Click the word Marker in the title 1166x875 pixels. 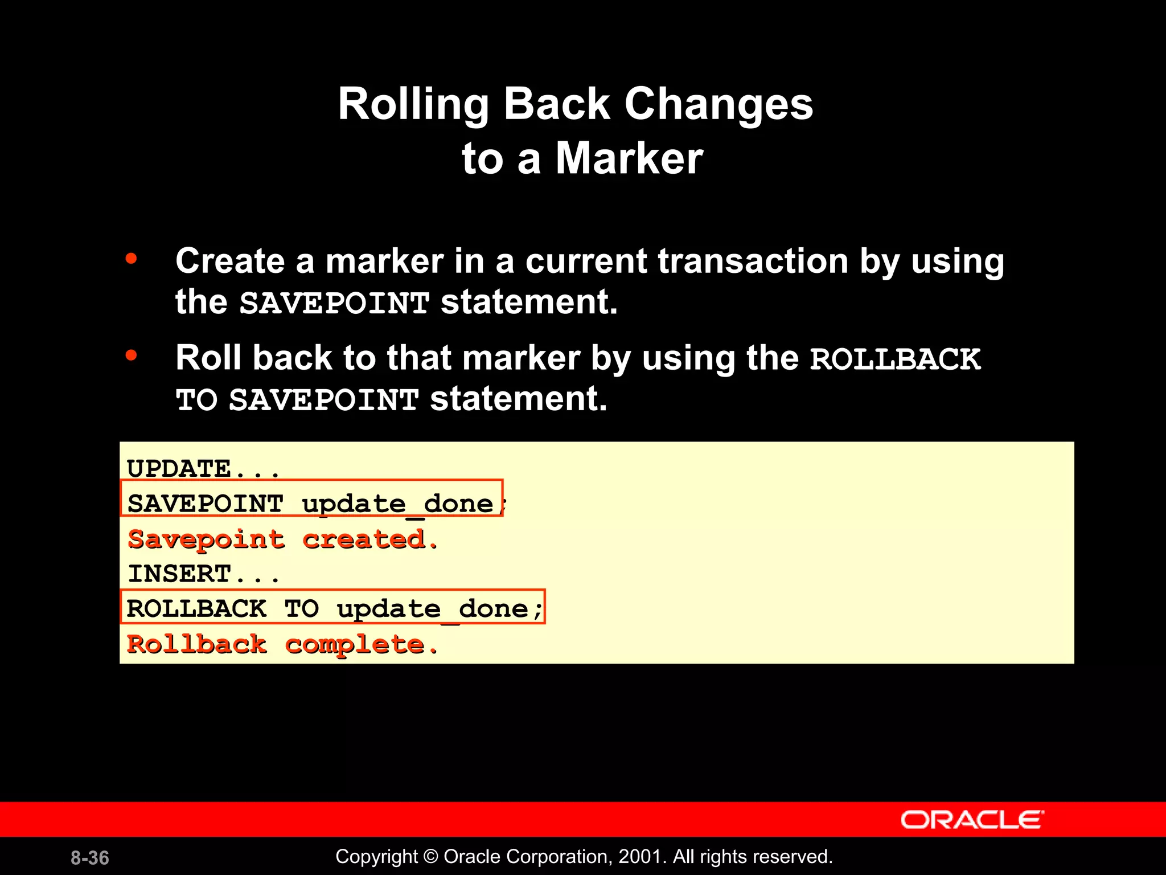[629, 158]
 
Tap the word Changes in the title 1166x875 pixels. [719, 104]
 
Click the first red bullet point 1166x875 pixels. [132, 259]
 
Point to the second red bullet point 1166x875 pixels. [132, 356]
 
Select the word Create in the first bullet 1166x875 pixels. [230, 261]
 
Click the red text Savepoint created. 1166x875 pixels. [283, 539]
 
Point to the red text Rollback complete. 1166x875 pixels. [282, 644]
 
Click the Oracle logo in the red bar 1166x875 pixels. [972, 820]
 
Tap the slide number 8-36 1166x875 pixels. [90, 858]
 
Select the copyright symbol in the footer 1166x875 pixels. [431, 857]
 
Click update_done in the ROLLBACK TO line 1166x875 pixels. [433, 609]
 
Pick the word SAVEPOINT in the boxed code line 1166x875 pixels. [206, 504]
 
